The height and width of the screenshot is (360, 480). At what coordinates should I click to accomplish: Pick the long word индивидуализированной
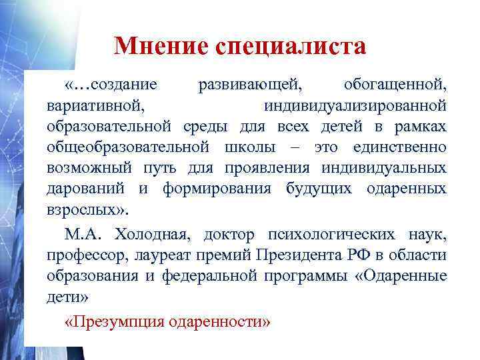tap(355, 105)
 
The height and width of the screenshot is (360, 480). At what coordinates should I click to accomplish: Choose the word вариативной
tap(94, 105)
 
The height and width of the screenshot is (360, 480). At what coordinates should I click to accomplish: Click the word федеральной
tap(204, 275)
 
